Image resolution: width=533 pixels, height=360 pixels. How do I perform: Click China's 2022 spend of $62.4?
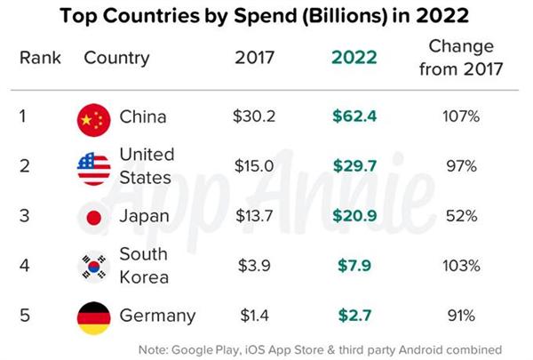(354, 116)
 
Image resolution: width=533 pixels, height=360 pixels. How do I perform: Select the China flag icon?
(94, 120)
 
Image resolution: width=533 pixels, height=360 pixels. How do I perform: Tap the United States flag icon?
(94, 169)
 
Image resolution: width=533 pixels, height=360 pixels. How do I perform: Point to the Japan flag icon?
(94, 218)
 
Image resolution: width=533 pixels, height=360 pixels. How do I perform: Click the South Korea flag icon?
(94, 267)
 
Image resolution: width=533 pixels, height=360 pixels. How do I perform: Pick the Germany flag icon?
(94, 318)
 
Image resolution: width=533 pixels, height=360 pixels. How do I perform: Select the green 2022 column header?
(354, 57)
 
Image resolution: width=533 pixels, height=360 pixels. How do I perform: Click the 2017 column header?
(254, 57)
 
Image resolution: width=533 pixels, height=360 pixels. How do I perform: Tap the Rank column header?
(40, 57)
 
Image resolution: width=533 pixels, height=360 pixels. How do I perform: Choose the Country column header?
(116, 58)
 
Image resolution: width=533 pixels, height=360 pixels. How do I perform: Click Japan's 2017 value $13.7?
(254, 216)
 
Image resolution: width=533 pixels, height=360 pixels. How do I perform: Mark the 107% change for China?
(461, 116)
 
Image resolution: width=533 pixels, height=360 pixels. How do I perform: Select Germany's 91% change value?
(461, 316)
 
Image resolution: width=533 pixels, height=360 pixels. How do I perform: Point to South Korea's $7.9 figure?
(354, 266)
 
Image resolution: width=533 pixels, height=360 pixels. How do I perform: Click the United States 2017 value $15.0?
(254, 166)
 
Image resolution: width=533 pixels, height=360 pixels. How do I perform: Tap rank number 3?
(25, 216)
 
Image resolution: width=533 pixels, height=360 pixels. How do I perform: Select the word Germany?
(158, 316)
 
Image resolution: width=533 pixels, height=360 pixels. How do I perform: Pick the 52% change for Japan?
(461, 216)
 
